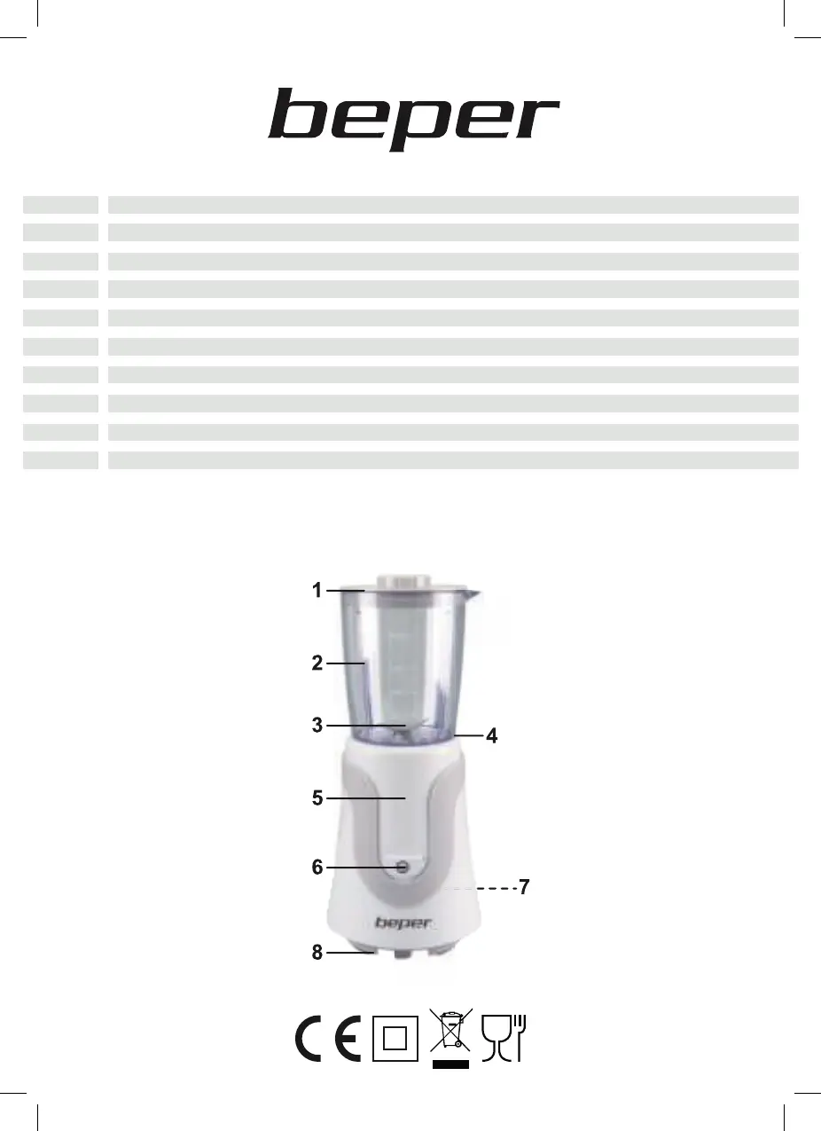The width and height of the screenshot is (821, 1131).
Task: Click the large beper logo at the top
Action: pos(414,119)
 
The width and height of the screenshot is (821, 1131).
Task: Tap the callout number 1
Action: pos(317,590)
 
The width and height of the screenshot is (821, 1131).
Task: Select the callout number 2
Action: pos(317,663)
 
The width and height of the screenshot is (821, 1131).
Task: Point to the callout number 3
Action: pos(317,725)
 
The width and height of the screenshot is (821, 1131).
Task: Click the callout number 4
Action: pos(491,736)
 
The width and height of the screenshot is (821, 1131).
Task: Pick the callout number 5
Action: pos(317,798)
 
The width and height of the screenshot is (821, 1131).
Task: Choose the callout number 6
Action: pos(317,868)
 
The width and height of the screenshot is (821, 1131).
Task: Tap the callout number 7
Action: pos(524,887)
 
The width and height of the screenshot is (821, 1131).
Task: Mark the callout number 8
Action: pos(317,953)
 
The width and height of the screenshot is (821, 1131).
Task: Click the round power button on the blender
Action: pos(403,868)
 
